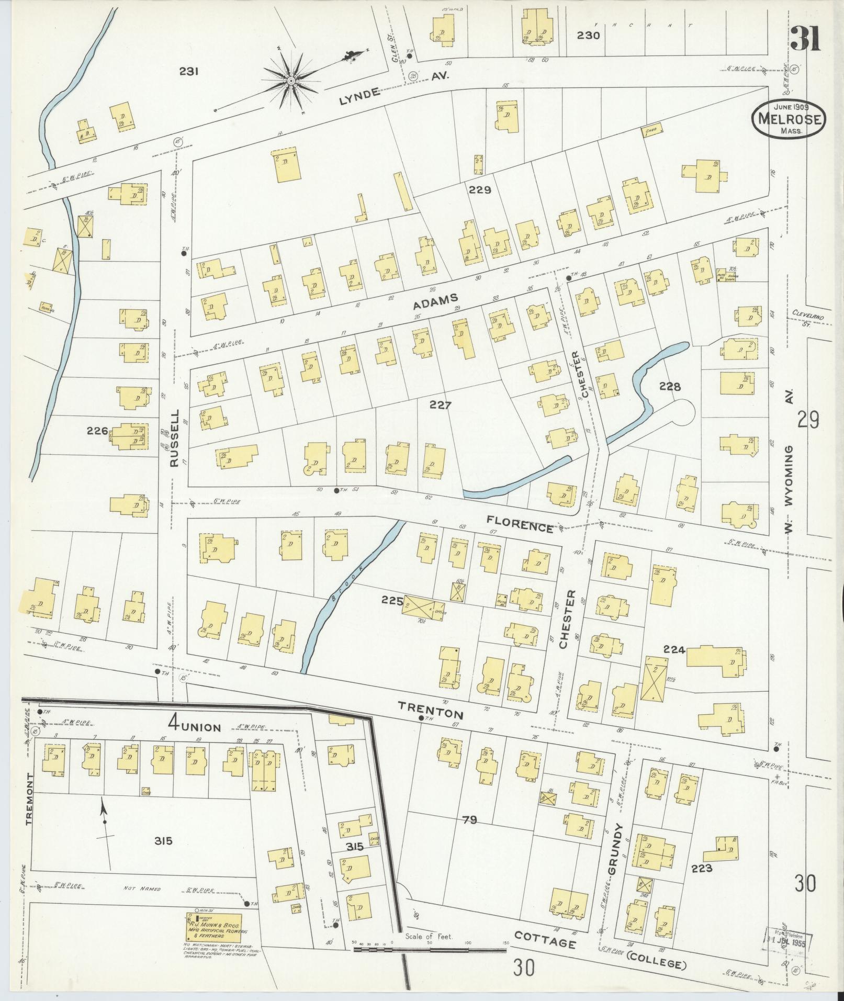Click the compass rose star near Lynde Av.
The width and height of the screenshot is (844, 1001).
point(291,81)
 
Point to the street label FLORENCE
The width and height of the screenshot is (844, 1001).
point(520,523)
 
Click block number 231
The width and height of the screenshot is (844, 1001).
point(188,72)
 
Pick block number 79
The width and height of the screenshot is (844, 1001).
point(470,820)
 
